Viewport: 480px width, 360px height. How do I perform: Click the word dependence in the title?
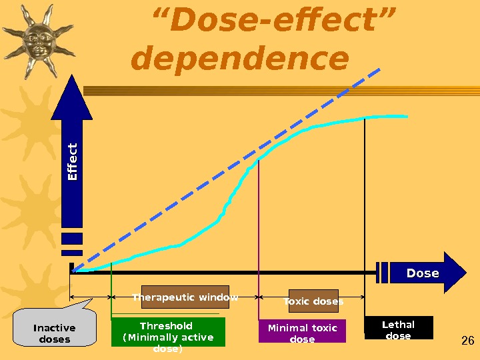240,60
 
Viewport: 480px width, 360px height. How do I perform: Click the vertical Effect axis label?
73,161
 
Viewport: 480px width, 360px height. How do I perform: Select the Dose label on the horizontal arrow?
423,273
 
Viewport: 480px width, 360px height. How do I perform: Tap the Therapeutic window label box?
185,297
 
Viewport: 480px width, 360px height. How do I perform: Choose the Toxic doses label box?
313,301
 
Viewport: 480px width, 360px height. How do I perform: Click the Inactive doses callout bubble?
54,333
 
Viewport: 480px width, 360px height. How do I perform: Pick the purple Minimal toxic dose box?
302,333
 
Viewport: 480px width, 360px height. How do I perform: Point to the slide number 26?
467,341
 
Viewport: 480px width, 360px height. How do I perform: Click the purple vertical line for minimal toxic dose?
258,227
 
